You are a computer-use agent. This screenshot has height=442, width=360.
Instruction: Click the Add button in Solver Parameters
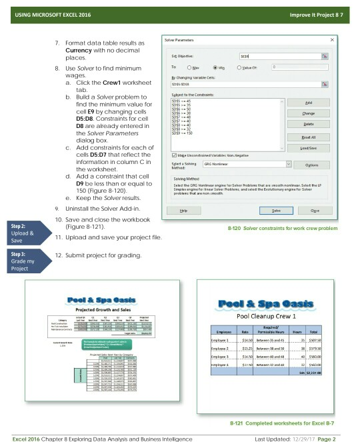307,103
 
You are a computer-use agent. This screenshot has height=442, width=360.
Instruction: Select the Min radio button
217,67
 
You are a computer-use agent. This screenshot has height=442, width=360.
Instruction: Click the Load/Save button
307,147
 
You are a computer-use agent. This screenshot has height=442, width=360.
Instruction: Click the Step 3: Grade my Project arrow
24,258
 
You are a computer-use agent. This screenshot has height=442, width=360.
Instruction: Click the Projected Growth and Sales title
102,309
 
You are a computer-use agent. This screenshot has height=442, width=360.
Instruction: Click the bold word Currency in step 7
74,51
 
